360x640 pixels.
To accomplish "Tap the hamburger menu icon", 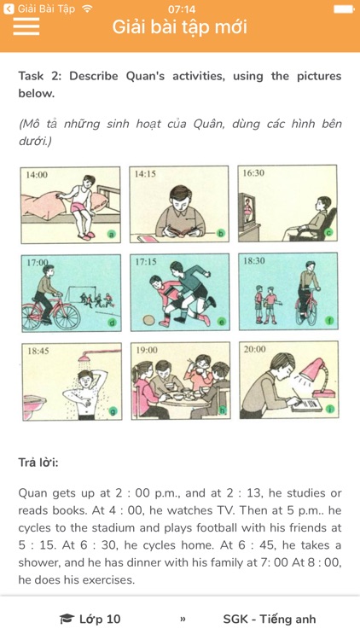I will pyautogui.click(x=26, y=26).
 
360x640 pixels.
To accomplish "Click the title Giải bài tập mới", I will pyautogui.click(x=180, y=26).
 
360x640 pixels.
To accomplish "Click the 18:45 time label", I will pyautogui.click(x=38, y=350).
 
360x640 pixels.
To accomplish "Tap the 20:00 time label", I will pyautogui.click(x=255, y=349).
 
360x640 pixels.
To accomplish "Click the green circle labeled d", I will pyautogui.click(x=111, y=323).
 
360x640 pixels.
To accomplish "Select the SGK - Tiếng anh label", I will pyautogui.click(x=269, y=619).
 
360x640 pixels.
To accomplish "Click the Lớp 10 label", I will pyautogui.click(x=100, y=619).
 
